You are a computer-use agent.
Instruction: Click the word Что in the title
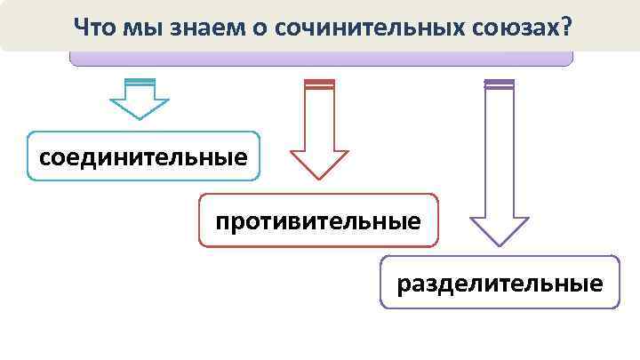[x=93, y=26]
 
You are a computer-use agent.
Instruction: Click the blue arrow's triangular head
[x=139, y=108]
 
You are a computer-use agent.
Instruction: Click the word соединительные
[x=143, y=158]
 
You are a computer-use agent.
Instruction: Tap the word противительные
[x=318, y=220]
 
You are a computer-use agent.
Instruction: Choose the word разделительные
[x=500, y=284]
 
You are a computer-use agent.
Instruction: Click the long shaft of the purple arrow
[x=499, y=151]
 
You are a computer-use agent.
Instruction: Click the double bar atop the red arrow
[x=319, y=84]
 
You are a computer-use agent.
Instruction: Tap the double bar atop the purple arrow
[x=499, y=84]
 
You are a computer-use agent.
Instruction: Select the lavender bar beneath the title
[x=321, y=59]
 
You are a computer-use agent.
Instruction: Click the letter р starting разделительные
[x=404, y=285]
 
